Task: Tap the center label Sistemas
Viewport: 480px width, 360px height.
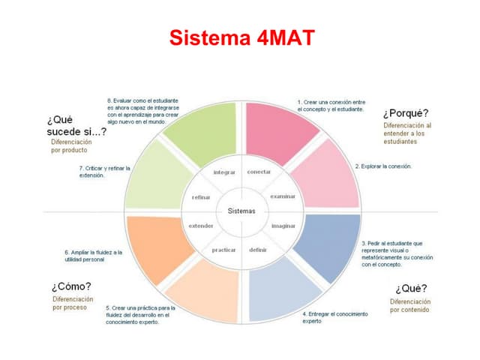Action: pos(241,211)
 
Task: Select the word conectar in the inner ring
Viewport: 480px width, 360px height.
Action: pos(259,172)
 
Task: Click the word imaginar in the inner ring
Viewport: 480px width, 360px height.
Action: pos(283,225)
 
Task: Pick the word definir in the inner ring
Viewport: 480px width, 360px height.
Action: pos(258,249)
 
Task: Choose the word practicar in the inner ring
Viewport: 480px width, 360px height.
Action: pos(224,249)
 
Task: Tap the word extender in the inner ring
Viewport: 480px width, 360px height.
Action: pos(200,225)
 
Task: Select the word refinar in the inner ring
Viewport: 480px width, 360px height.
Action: pos(200,197)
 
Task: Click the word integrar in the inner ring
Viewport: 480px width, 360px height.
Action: pos(224,172)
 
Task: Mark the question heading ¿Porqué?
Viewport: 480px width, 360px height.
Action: pos(405,113)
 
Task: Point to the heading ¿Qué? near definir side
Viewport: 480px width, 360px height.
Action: pos(411,289)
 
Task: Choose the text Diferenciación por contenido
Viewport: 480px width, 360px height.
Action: pos(409,305)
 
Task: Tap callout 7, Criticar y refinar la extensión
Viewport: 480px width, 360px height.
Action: pos(104,172)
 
